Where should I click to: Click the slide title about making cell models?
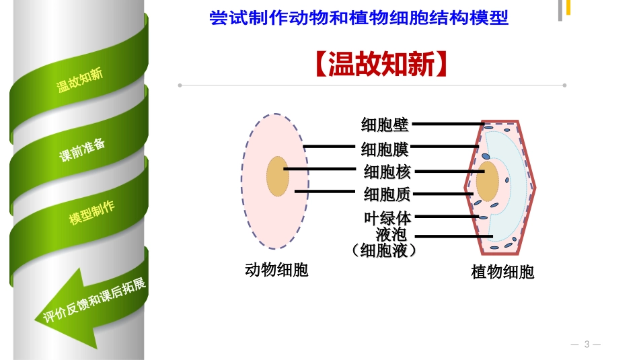[x=359, y=17]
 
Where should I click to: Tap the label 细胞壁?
[x=385, y=124]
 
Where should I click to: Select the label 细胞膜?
[x=385, y=148]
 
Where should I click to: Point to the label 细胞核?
[x=386, y=172]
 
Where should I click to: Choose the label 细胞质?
[x=387, y=194]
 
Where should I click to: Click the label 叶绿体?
[x=387, y=218]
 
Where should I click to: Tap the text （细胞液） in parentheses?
[x=385, y=250]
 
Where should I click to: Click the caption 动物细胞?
[x=276, y=271]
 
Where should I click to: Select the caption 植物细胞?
[x=502, y=272]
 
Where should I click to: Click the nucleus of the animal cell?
[x=276, y=176]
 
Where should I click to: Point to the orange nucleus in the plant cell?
[x=488, y=180]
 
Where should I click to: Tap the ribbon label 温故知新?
[x=79, y=79]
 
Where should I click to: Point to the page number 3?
[x=586, y=345]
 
